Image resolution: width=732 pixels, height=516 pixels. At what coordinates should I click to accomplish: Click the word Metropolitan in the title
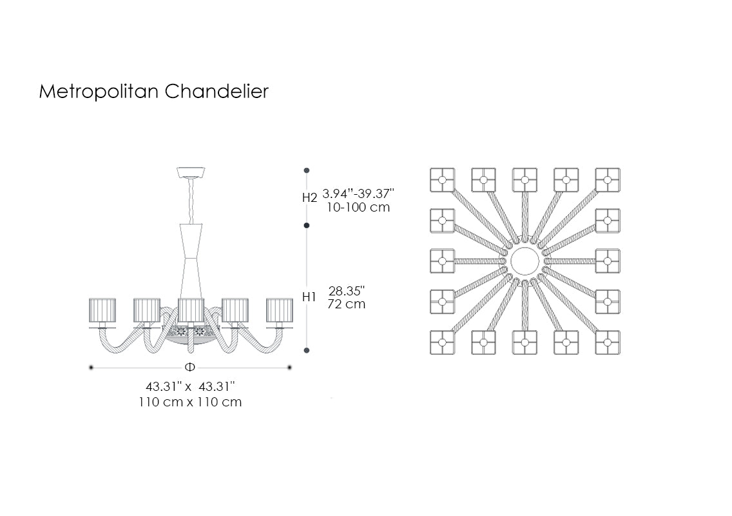click(x=99, y=92)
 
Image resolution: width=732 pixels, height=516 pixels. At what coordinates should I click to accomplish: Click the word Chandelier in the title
click(x=217, y=91)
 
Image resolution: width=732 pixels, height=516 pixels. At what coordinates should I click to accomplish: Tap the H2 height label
click(x=309, y=198)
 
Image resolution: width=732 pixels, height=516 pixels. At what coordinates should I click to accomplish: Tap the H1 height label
click(x=309, y=297)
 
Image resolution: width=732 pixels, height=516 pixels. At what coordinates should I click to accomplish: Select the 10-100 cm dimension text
click(x=358, y=208)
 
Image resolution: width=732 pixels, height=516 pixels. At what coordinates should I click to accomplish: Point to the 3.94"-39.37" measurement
click(x=358, y=193)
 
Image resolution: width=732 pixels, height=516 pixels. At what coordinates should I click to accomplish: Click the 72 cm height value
click(x=347, y=304)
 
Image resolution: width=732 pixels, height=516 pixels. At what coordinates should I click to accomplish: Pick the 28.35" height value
click(x=347, y=291)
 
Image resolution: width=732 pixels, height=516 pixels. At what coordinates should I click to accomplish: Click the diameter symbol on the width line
click(x=190, y=367)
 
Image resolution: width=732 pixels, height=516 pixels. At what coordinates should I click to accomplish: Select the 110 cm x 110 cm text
click(x=190, y=402)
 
